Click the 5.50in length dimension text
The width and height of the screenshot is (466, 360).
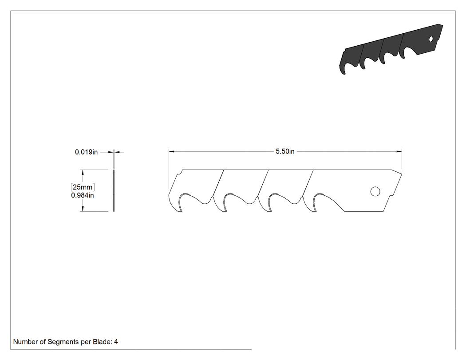point(285,151)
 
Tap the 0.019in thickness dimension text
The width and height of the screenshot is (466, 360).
point(86,152)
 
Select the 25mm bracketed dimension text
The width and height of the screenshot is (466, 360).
point(83,187)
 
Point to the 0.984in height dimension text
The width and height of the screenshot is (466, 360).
point(82,195)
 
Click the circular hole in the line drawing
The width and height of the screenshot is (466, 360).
point(375,191)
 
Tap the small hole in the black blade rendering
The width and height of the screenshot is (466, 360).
point(431,39)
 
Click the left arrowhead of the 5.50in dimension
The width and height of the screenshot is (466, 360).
point(171,151)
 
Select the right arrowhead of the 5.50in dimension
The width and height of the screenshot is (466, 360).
point(399,151)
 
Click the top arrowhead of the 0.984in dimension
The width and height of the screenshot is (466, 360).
point(83,172)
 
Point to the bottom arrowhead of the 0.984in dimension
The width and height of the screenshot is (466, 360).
point(83,209)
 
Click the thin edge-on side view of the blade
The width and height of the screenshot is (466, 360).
point(114,190)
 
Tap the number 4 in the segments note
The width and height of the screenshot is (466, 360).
point(116,342)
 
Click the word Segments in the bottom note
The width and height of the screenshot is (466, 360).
point(63,342)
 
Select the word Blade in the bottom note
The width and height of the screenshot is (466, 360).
point(103,342)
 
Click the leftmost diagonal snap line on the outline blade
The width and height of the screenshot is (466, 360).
point(218,183)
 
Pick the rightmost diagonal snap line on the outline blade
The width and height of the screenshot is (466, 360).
point(307,183)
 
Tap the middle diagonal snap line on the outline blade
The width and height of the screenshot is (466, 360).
point(263,183)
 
